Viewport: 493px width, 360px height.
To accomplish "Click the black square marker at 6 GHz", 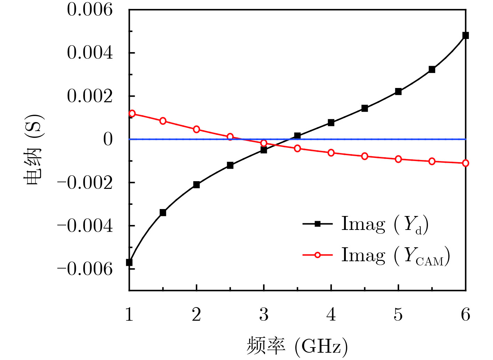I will click(466, 35).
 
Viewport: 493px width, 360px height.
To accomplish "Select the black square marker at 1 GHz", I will click(129, 262).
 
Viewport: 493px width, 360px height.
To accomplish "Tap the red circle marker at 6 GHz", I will click(466, 163).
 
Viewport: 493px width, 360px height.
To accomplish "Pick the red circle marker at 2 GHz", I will click(197, 129).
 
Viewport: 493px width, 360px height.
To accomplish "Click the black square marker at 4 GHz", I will click(331, 123).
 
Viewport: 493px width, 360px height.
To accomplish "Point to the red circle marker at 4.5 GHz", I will click(365, 156).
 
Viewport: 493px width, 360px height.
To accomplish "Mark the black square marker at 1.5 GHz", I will click(163, 213).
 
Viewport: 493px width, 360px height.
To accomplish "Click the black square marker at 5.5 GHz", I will click(432, 70).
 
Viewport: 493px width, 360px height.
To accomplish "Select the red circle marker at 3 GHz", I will click(264, 143).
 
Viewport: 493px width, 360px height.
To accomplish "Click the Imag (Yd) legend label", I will click(385, 224).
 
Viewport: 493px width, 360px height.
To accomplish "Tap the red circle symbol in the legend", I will click(317, 255).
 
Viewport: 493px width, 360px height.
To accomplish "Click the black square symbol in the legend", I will click(317, 224).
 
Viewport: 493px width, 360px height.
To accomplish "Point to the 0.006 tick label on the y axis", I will click(90, 9).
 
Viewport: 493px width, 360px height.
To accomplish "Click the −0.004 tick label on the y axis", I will click(85, 226).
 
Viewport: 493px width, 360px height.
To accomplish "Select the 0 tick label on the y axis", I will click(108, 139).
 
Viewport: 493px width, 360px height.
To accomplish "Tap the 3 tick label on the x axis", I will click(264, 314).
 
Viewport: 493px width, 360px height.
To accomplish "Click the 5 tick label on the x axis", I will click(398, 314).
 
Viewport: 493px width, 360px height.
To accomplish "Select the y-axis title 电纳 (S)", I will click(34, 150).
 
